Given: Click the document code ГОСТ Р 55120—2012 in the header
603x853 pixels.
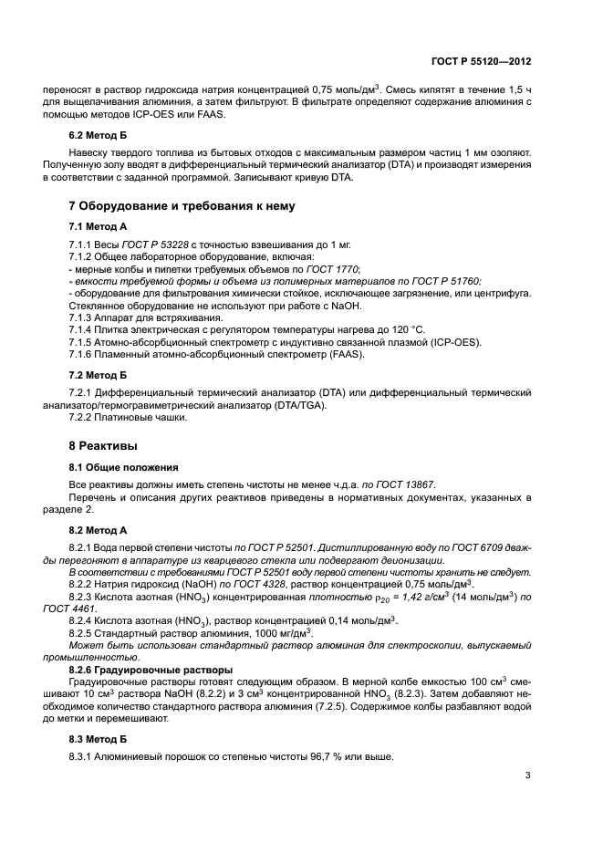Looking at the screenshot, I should (482, 63).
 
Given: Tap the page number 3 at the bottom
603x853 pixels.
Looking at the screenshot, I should (527, 776).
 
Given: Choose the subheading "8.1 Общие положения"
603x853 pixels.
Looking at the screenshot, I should (119, 465).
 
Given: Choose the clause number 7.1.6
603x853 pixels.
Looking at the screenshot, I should (83, 353).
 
